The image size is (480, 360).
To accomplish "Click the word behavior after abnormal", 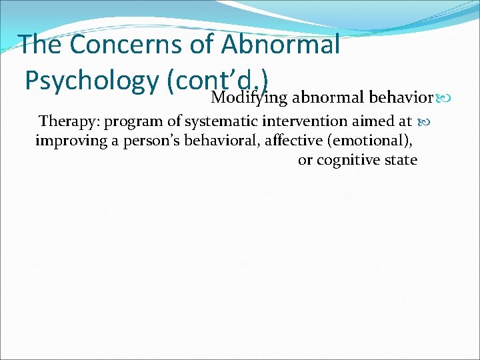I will pyautogui.click(x=399, y=98).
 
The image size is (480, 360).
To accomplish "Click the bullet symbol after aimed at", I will pyautogui.click(x=423, y=123).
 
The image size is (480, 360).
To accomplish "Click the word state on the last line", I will pyautogui.click(x=400, y=160).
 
